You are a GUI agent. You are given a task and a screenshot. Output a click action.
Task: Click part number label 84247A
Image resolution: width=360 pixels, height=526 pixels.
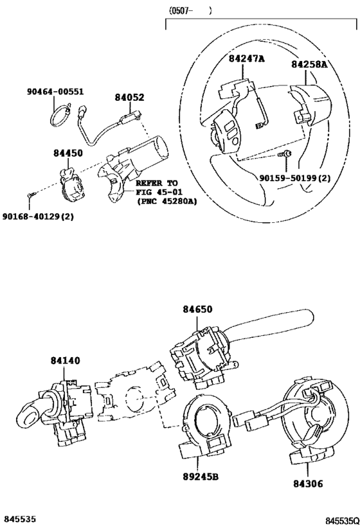pyautogui.click(x=246, y=58)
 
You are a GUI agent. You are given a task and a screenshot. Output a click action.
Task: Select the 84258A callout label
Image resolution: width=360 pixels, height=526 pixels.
pyautogui.click(x=309, y=64)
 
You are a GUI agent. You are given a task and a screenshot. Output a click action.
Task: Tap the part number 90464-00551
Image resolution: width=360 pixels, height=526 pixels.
pyautogui.click(x=55, y=92)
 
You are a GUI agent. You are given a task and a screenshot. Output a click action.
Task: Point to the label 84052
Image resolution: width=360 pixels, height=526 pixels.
pyautogui.click(x=130, y=97)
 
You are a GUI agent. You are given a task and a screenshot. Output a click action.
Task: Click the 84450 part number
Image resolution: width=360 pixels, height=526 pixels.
pyautogui.click(x=68, y=153)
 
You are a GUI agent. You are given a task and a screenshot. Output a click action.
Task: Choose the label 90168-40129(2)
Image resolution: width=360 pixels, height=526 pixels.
pyautogui.click(x=38, y=216)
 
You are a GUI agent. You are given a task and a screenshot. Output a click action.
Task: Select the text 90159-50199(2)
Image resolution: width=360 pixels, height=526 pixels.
pyautogui.click(x=295, y=178)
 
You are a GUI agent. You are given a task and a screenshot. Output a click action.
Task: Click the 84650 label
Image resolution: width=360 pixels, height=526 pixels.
pyautogui.click(x=197, y=309)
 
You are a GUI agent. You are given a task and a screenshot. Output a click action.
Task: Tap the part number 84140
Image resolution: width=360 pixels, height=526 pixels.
pyautogui.click(x=66, y=360)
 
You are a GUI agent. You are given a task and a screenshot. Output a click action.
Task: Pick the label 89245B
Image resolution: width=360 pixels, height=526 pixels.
pyautogui.click(x=201, y=477)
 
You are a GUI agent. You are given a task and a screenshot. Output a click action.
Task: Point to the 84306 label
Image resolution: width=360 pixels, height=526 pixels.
pyautogui.click(x=308, y=484)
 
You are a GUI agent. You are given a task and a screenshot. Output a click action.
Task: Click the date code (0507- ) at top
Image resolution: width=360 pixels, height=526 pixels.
pyautogui.click(x=190, y=12)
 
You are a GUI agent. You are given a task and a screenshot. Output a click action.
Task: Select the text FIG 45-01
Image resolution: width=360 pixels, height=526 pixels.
pyautogui.click(x=159, y=192)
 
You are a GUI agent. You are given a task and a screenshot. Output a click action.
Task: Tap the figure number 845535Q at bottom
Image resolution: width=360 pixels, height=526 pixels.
pyautogui.click(x=341, y=521)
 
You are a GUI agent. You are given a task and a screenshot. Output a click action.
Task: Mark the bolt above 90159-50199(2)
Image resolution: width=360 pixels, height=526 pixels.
pyautogui.click(x=284, y=154)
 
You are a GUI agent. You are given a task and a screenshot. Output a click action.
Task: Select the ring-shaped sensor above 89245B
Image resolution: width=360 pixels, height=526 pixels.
pyautogui.click(x=205, y=426)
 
